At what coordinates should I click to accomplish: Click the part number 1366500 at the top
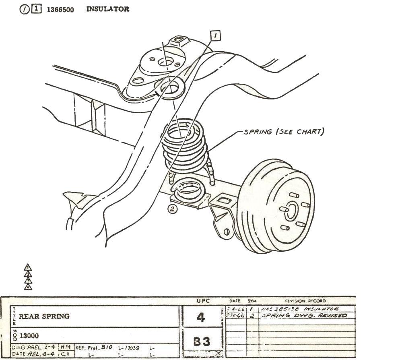[x=60, y=10]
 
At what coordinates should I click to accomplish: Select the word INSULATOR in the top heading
[x=108, y=9]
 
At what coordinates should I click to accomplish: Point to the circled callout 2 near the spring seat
[x=172, y=209]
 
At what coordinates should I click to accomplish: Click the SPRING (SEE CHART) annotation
[x=284, y=132]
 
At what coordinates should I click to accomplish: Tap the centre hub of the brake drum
[x=293, y=210]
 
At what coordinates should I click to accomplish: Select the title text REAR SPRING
[x=44, y=316]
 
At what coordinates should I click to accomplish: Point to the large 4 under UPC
[x=201, y=317]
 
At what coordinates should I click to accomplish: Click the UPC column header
[x=201, y=301]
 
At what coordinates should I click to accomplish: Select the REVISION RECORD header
[x=305, y=301]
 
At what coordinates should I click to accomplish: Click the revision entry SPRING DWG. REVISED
[x=304, y=316]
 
